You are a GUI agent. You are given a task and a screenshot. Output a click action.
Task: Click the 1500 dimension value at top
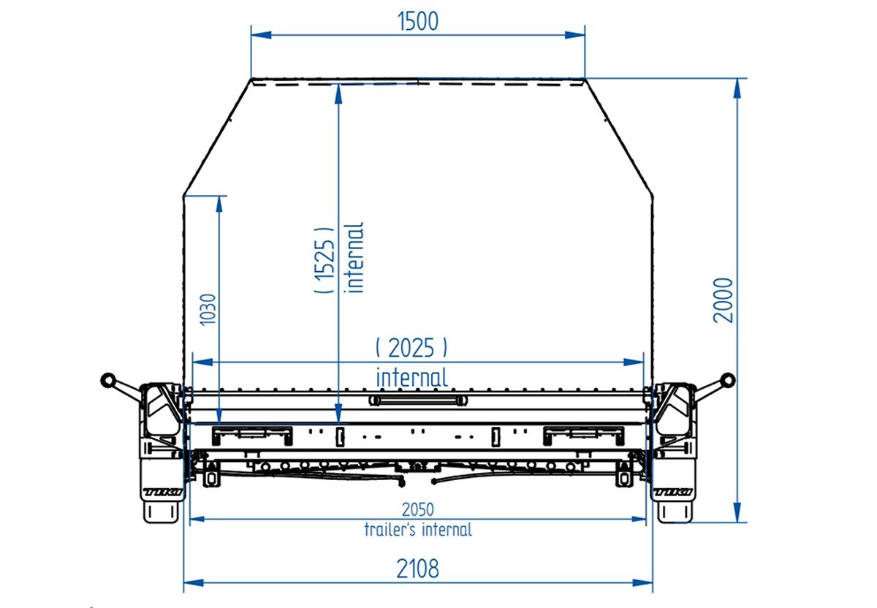click(x=418, y=21)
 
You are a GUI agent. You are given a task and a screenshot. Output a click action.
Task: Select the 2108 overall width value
click(x=418, y=569)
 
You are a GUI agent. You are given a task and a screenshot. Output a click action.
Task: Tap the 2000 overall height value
click(x=723, y=300)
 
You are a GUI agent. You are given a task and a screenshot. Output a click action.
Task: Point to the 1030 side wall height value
click(x=208, y=309)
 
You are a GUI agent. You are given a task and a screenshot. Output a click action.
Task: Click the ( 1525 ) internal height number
click(x=324, y=260)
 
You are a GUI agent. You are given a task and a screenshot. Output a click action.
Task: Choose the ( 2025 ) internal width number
click(x=411, y=348)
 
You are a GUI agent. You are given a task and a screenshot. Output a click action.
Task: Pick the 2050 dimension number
click(x=418, y=510)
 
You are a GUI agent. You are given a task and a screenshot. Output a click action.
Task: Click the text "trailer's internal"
click(x=418, y=530)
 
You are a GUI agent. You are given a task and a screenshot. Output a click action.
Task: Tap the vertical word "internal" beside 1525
click(x=354, y=258)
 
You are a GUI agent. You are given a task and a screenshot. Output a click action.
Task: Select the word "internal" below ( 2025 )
click(x=412, y=377)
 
